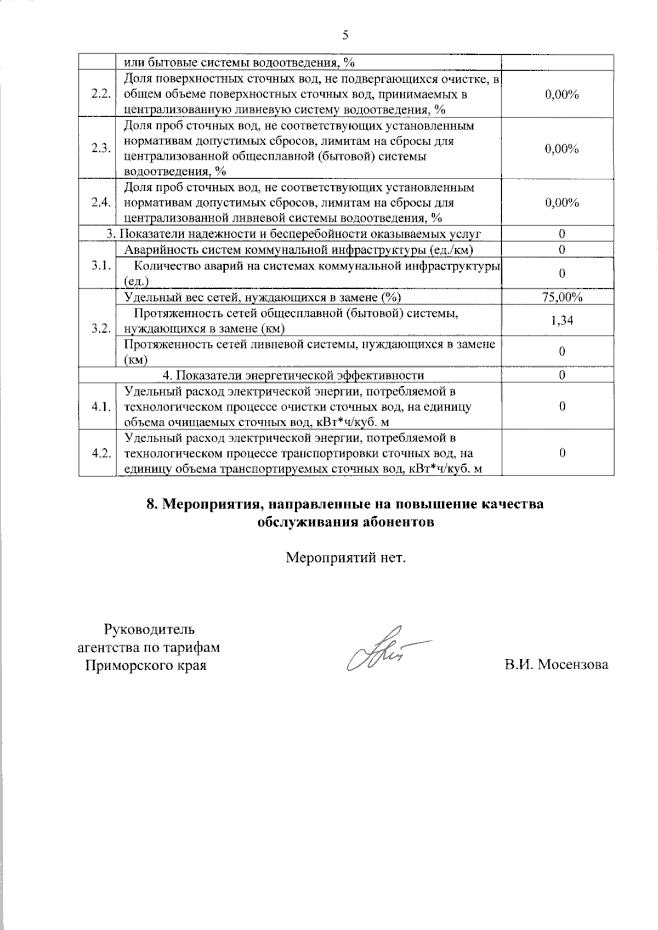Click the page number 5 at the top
click(345, 36)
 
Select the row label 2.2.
click(102, 94)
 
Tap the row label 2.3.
click(102, 148)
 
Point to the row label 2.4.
click(102, 202)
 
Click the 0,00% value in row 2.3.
click(562, 149)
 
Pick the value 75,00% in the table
click(562, 297)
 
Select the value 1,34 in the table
click(562, 321)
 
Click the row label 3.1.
click(102, 265)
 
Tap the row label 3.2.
click(102, 328)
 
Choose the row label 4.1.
click(102, 407)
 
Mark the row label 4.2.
click(102, 453)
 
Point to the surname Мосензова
click(573, 665)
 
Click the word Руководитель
click(149, 629)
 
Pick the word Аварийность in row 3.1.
click(158, 250)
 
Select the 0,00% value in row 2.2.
click(562, 94)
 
